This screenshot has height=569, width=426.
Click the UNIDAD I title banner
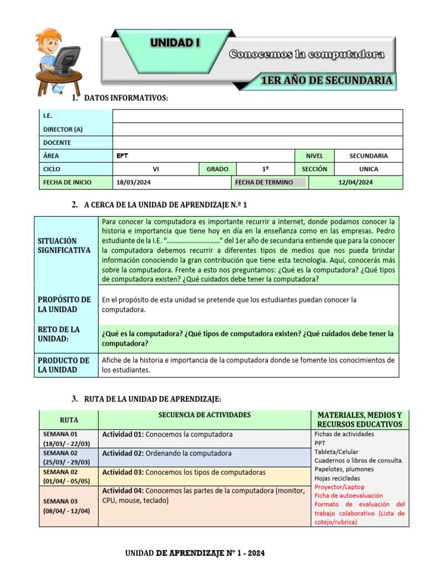tap(175, 43)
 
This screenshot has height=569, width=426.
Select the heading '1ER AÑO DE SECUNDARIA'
tap(327, 81)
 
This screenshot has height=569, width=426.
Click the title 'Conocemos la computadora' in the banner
tap(307, 54)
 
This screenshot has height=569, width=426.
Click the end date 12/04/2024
tap(355, 182)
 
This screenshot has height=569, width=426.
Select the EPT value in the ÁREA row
tap(123, 156)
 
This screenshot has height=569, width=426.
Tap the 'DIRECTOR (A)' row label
tap(63, 129)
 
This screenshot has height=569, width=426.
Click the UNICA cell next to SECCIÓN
tap(368, 169)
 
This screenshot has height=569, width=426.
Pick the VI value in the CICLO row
tap(156, 169)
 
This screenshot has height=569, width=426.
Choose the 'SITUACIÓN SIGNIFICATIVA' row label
tap(64, 245)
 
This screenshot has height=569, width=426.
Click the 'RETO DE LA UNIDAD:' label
tap(59, 334)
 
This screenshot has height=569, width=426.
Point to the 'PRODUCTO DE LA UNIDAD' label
tap(63, 365)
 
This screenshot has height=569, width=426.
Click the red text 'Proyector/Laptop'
tap(339, 487)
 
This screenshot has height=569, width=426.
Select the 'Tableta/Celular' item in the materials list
tap(337, 452)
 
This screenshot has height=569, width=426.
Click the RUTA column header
tap(68, 420)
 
